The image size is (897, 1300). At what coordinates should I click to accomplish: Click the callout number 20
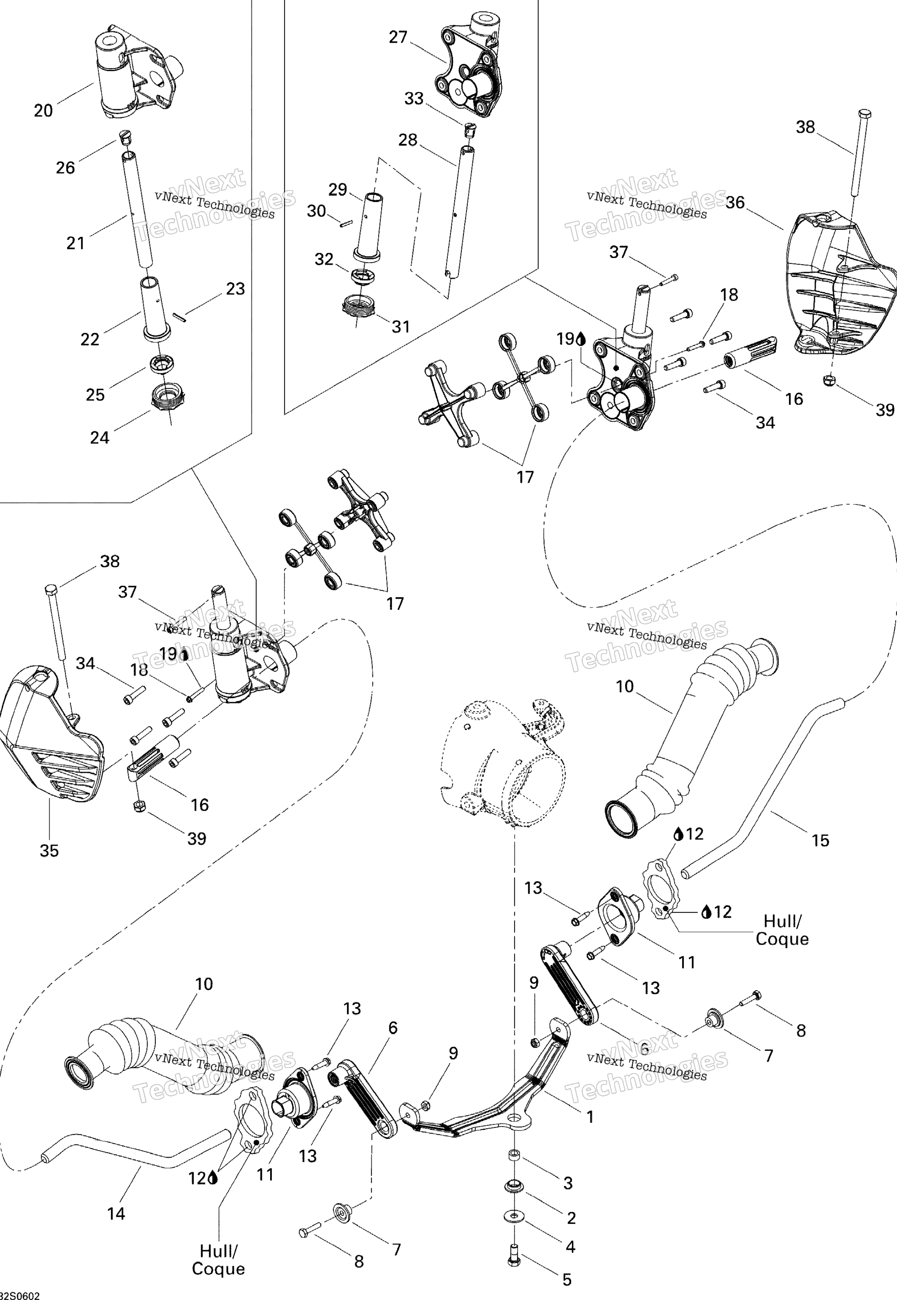(43, 111)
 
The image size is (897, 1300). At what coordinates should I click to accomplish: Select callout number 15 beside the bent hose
(820, 840)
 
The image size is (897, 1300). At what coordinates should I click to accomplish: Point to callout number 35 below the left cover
(49, 851)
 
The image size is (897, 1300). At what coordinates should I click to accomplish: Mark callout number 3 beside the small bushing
(568, 1183)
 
